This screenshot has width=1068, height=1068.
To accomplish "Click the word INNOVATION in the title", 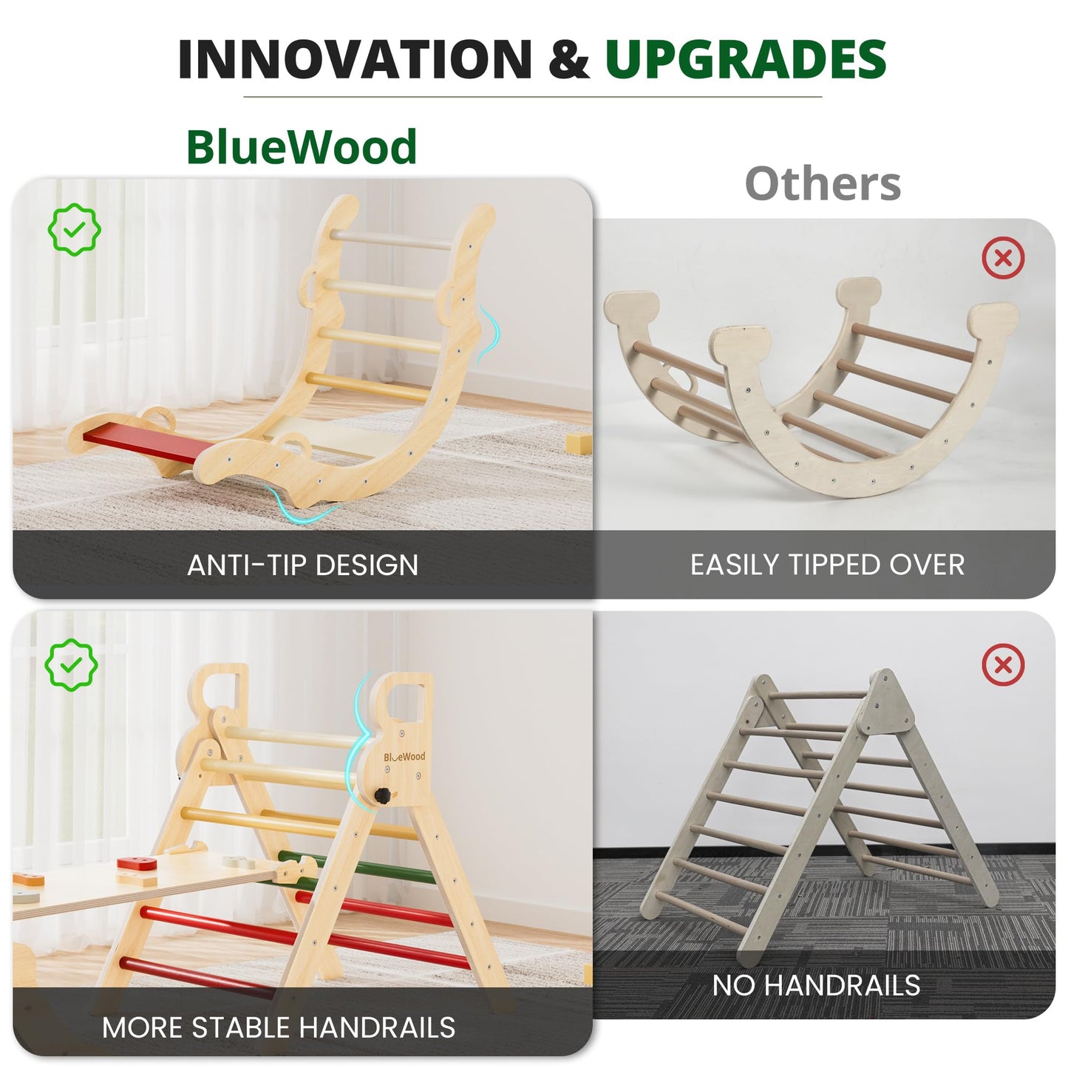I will pos(355,59).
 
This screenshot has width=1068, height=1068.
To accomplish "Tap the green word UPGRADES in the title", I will pos(746,59).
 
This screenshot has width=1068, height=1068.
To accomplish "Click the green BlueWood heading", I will pos(302,147).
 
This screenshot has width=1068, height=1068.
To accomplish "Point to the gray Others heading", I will pos(823,183).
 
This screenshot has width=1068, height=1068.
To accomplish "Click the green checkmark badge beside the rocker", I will pos(74,230).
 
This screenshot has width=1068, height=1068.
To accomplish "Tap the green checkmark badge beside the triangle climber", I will pos(71,664).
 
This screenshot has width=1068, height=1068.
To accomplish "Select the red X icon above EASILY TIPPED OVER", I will pos(1003,258).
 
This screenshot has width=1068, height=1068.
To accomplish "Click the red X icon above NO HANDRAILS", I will pos(1003,664).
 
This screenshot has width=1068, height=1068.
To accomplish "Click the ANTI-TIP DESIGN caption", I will pos(303,565).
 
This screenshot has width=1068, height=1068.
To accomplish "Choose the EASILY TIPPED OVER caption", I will pos(827,565).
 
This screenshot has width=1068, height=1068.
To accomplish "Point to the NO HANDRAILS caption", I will pos(816,985).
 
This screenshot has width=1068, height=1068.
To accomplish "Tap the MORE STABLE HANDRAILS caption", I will pos(279,1027).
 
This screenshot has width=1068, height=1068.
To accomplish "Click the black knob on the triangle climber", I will pos(383,796).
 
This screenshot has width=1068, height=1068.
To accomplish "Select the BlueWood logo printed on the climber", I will pos(404,757).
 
